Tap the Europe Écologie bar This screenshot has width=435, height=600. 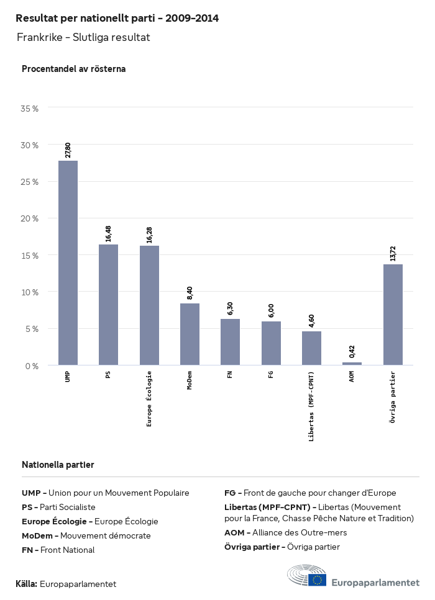[149, 305]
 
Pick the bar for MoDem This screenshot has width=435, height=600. [190, 334]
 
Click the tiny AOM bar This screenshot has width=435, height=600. [352, 364]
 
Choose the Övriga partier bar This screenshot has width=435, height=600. [393, 315]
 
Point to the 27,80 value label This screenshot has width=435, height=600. [68, 150]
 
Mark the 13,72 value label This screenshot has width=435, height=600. [393, 254]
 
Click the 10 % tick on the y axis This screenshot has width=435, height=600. [30, 292]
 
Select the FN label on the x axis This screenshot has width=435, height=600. [230, 375]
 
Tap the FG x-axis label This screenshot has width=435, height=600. [271, 375]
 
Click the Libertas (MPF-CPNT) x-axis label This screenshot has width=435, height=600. [311, 406]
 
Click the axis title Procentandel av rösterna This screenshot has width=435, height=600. [73, 69]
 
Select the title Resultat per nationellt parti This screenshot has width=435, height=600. [117, 19]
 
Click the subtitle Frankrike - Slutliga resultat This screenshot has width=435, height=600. [83, 37]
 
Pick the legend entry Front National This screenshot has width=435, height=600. [58, 550]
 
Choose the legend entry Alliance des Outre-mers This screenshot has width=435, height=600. [285, 532]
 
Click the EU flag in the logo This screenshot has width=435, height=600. [318, 580]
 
